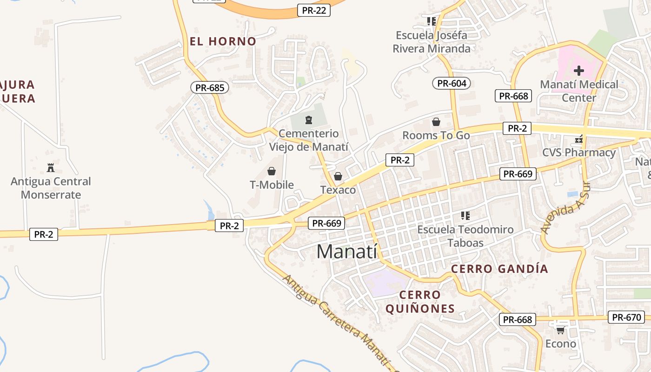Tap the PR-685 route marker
[x=210, y=87]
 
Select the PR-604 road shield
[x=452, y=83]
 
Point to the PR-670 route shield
[x=626, y=318]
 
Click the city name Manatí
[x=346, y=252]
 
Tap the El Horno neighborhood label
[x=223, y=41]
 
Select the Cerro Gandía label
[x=499, y=269]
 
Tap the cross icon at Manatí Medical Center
[x=579, y=71]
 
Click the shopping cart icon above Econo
[x=560, y=330]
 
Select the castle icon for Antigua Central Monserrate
[x=51, y=167]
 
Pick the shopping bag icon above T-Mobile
[x=272, y=171]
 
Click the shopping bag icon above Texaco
[x=338, y=176]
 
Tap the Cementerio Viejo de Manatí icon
[x=308, y=120]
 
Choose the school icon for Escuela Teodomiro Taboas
[x=465, y=215]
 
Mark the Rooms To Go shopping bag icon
[x=436, y=122]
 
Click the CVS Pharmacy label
[x=579, y=153]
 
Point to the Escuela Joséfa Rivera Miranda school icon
[x=431, y=21]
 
